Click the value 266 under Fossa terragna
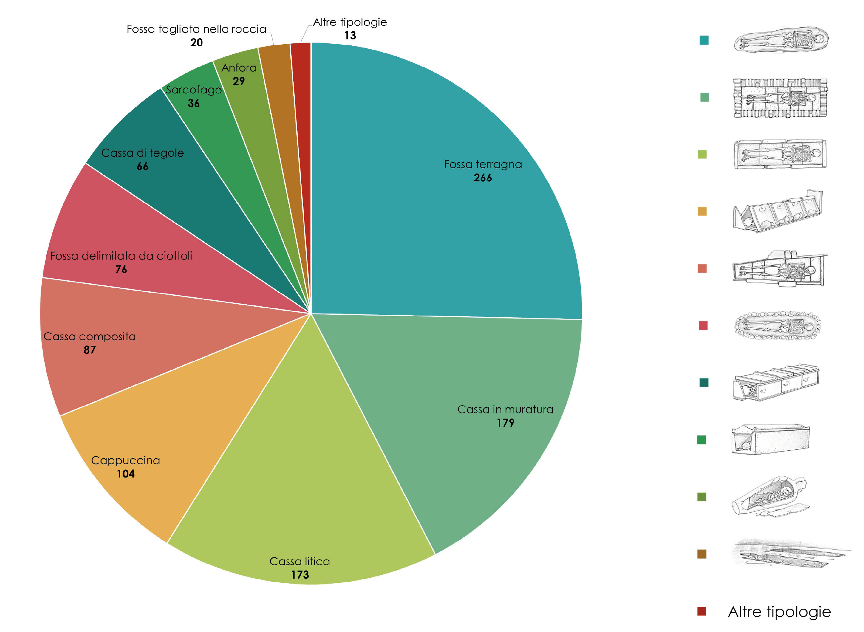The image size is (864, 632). pyautogui.click(x=482, y=178)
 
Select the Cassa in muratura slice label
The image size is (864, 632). pyautogui.click(x=505, y=409)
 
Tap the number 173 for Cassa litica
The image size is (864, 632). pyautogui.click(x=300, y=575)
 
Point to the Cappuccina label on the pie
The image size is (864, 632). pyautogui.click(x=125, y=460)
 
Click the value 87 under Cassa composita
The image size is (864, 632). pyautogui.click(x=90, y=350)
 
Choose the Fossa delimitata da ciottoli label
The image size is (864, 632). pyautogui.click(x=121, y=256)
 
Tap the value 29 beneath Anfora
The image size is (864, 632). pyautogui.click(x=239, y=81)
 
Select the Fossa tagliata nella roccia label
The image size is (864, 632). pyautogui.click(x=196, y=29)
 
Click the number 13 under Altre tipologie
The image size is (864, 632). pyautogui.click(x=350, y=36)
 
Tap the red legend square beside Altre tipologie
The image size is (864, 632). pyautogui.click(x=702, y=611)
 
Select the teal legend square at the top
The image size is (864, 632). pyautogui.click(x=704, y=40)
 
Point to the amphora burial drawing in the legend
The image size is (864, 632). pyautogui.click(x=769, y=497)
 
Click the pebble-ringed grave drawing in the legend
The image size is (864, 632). pyautogui.click(x=777, y=326)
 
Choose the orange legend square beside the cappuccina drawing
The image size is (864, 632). pyautogui.click(x=702, y=211)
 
